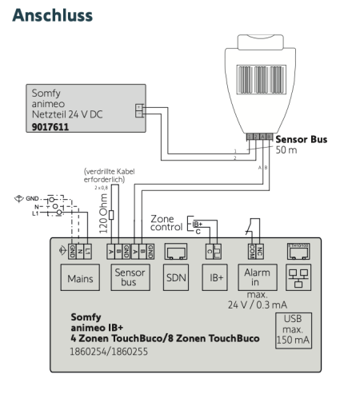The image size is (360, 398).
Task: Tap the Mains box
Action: coord(78,280)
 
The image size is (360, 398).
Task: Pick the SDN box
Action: coord(175,280)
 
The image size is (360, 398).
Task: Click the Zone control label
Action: coord(166,224)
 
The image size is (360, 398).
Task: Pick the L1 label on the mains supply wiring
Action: coord(35,213)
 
